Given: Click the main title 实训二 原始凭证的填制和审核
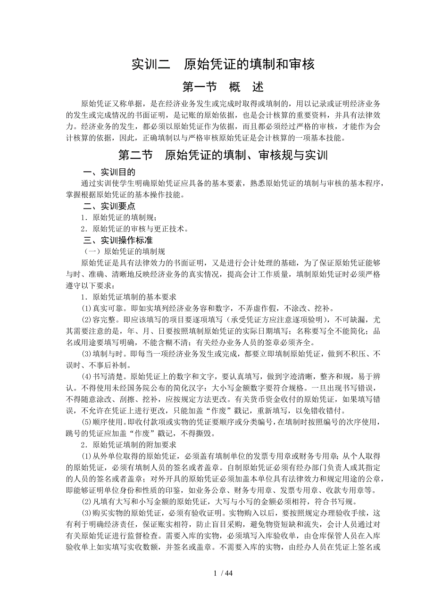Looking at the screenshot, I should point(223,64).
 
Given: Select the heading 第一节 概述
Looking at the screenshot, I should point(223,87).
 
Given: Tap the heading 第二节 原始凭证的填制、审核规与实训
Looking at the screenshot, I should point(223,156).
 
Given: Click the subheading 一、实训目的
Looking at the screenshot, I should point(109,173).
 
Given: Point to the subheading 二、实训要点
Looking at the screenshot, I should point(109,206).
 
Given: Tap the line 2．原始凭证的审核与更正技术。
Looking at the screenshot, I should point(135,229).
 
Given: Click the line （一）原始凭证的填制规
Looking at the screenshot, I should point(124,251).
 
